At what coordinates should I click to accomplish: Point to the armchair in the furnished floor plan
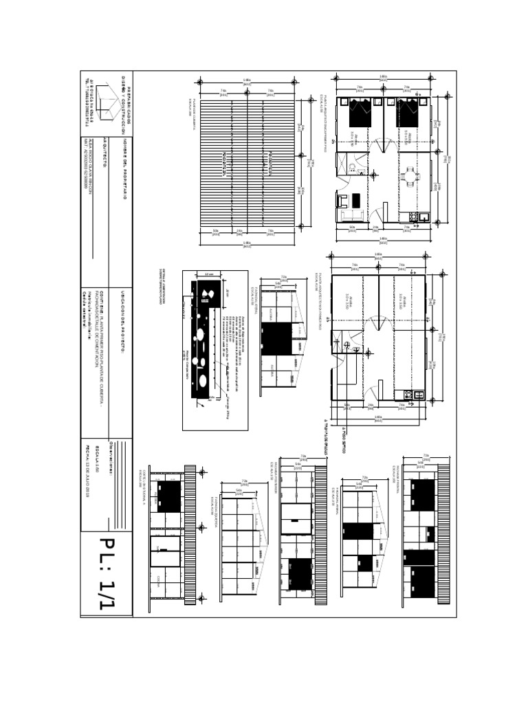pos(342,201)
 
